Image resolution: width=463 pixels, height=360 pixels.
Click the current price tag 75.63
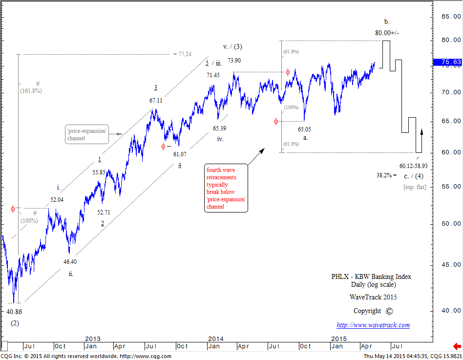point(447,62)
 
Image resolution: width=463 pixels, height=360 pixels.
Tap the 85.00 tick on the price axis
point(451,17)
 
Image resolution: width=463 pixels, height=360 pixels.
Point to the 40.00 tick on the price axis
point(451,310)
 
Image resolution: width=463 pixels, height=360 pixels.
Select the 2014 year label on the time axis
point(216,339)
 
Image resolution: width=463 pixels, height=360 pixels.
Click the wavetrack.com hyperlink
point(373,325)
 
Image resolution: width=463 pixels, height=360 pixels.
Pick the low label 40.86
point(14,311)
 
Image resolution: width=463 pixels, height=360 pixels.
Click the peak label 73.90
point(234,61)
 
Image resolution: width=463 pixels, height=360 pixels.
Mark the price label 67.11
point(156,100)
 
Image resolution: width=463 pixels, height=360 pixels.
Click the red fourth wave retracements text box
point(226,188)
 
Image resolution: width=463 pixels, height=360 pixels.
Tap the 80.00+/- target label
point(386,33)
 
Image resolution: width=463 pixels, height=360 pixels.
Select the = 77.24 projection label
point(182,54)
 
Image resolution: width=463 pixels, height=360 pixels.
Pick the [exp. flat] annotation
point(414,187)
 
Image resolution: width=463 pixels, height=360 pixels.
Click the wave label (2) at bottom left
point(15,323)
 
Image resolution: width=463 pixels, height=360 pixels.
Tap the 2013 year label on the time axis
point(93,339)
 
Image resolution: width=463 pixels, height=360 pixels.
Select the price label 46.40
point(70,262)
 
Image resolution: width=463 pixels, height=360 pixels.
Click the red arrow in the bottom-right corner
point(457,346)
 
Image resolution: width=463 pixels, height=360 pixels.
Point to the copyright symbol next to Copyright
point(389,311)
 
